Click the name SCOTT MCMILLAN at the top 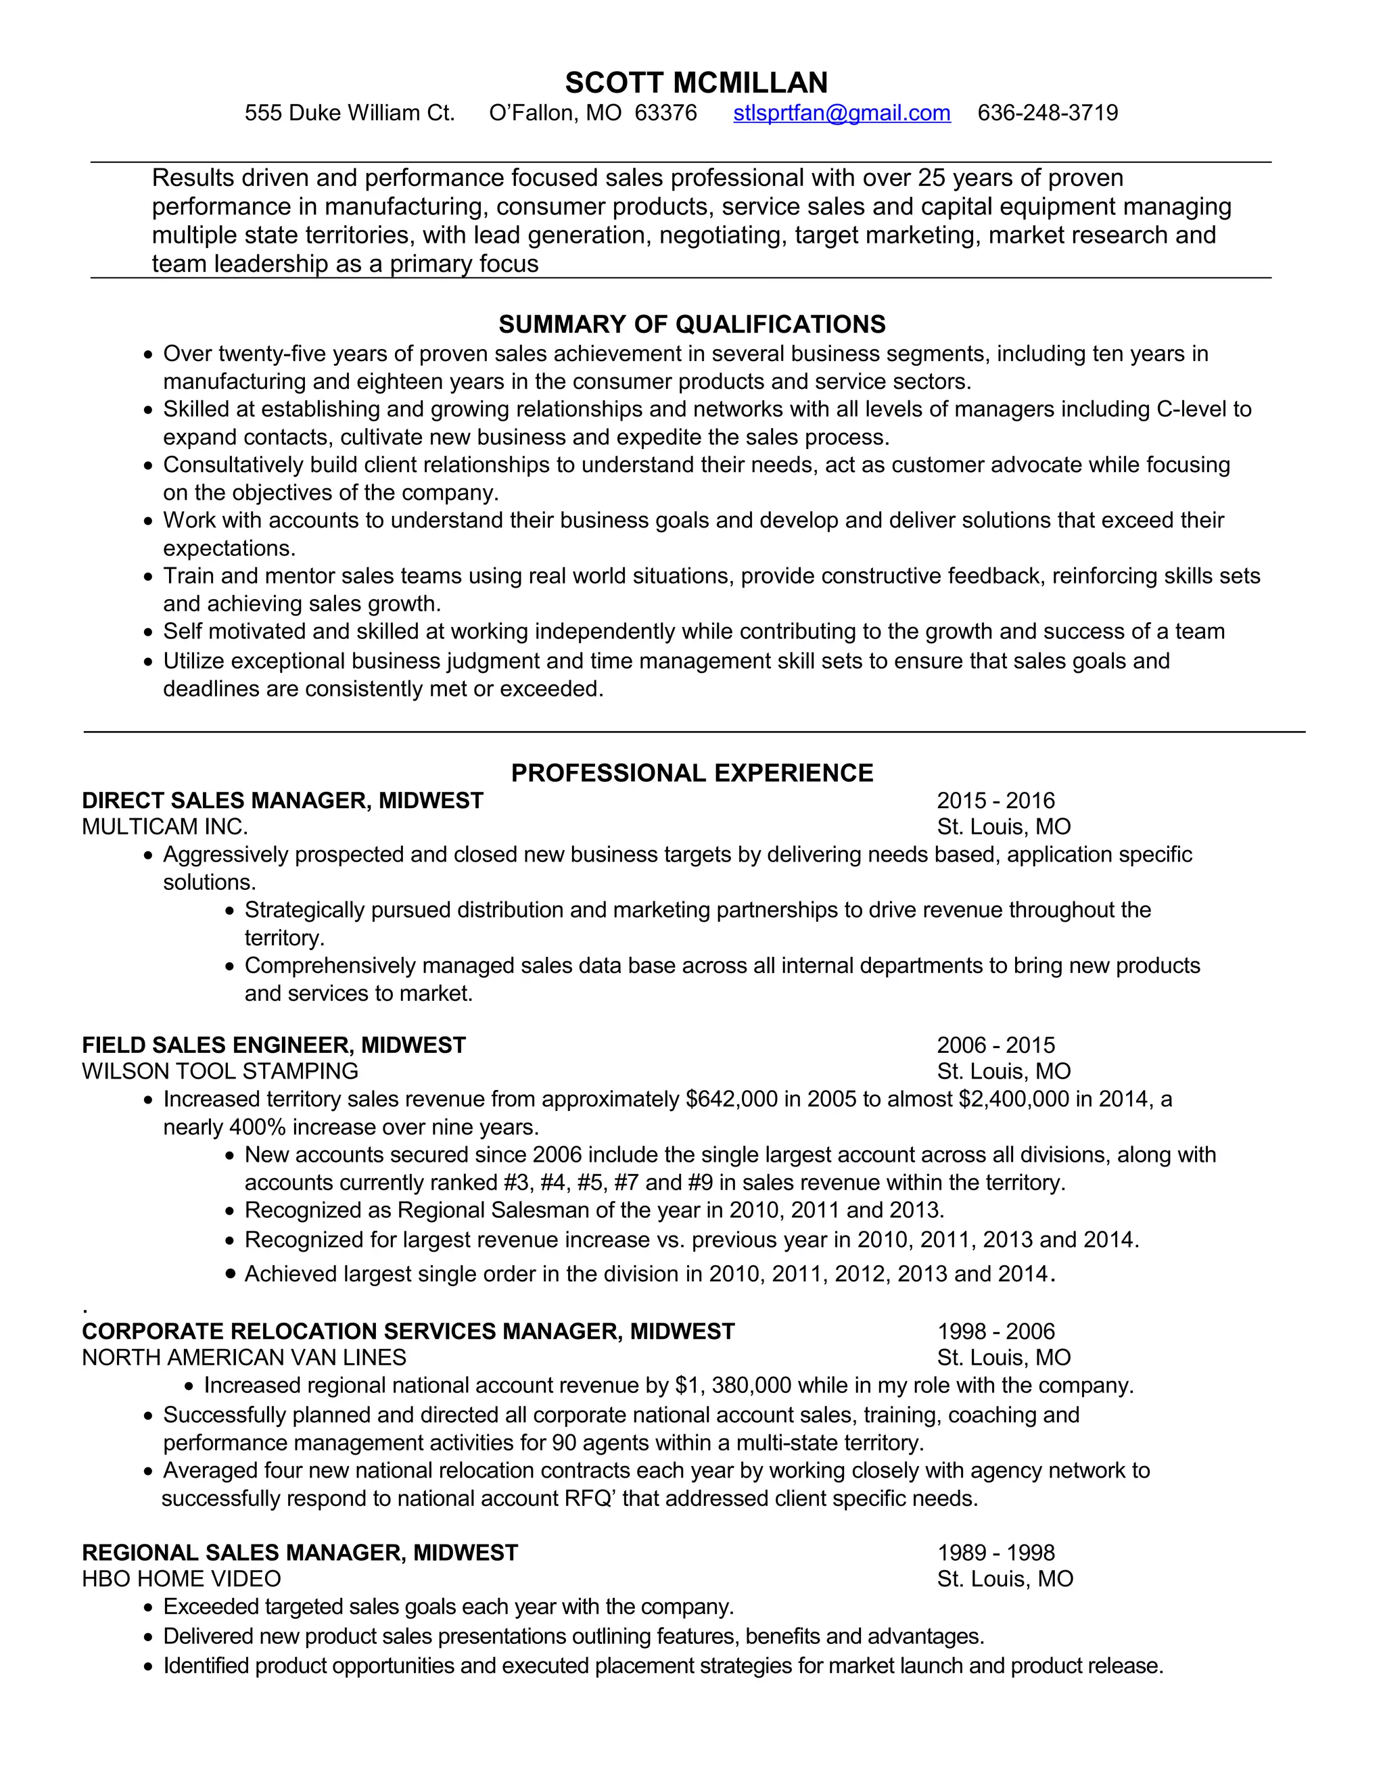[696, 83]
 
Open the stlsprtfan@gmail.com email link [842, 112]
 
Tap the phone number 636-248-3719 [1048, 112]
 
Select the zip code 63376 [665, 112]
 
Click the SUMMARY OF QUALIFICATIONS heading [692, 324]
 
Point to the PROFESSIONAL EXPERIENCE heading [692, 773]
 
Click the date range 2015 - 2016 [995, 801]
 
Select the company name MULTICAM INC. [165, 826]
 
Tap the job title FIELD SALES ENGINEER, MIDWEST [273, 1045]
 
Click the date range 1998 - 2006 [995, 1331]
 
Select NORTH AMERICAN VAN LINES [243, 1357]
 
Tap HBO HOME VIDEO [181, 1579]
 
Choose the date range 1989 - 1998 [995, 1553]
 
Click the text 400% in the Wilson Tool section [257, 1127]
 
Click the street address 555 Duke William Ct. [350, 112]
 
